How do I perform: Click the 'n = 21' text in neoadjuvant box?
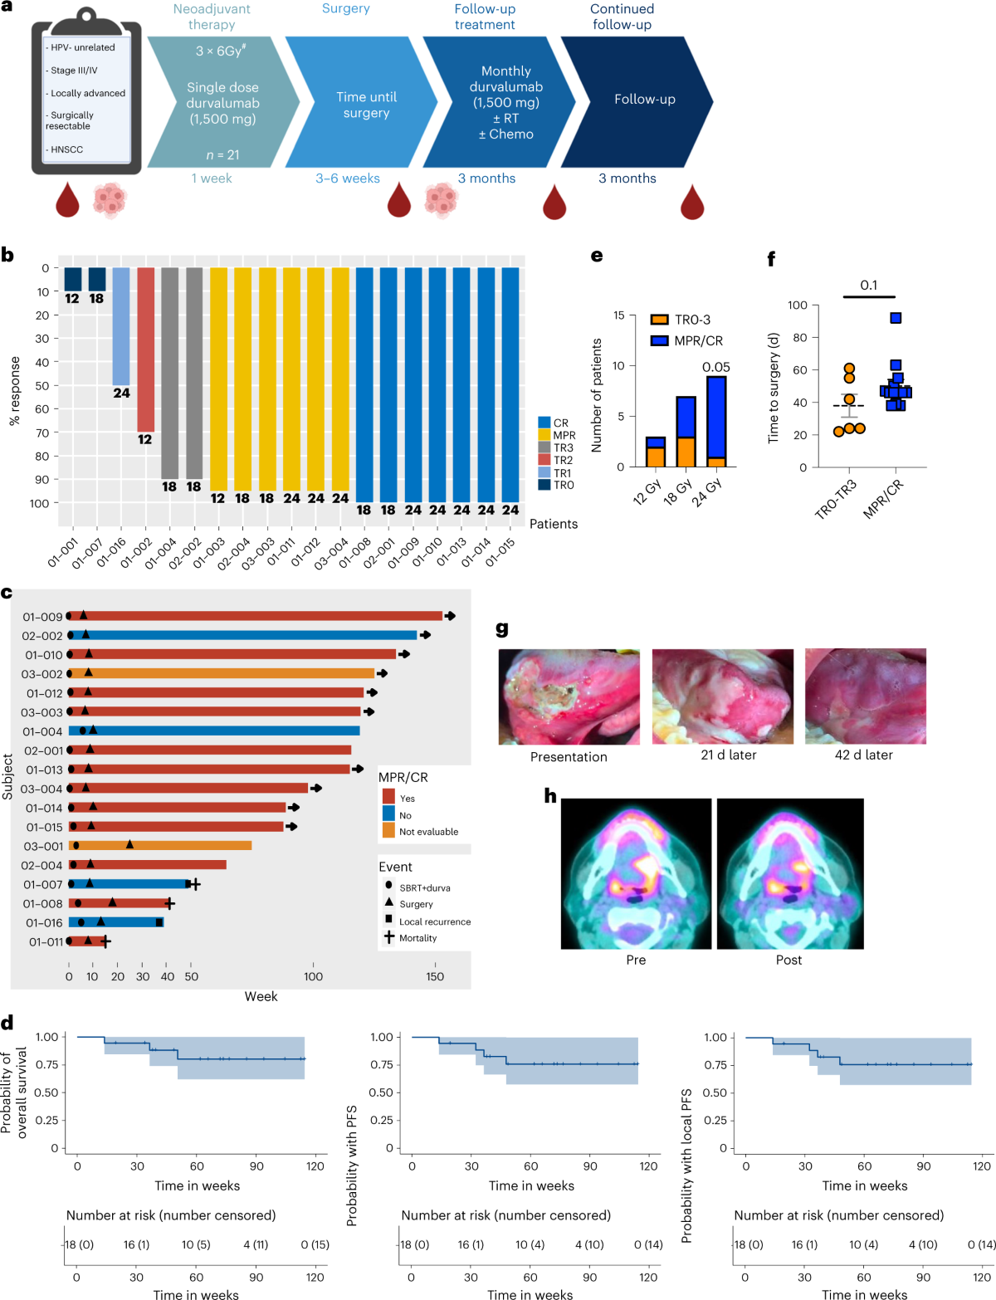222,154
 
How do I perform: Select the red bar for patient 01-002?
145,349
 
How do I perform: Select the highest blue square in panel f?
896,318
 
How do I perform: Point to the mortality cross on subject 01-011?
105,941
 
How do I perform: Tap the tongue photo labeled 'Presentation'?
569,696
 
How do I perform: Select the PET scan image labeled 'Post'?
789,873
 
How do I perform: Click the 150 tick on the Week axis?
435,976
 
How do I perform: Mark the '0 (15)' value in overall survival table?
315,1244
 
